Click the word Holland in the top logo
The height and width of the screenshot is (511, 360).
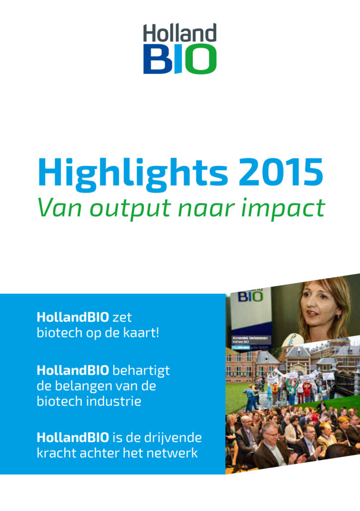180,33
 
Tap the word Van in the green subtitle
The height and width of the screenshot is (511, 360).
60,207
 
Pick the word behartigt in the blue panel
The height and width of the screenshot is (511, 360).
141,371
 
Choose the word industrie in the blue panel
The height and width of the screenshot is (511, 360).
115,401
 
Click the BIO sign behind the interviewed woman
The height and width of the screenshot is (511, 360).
250,296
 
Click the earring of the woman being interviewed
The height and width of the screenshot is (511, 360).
338,317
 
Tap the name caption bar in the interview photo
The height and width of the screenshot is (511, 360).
251,340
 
